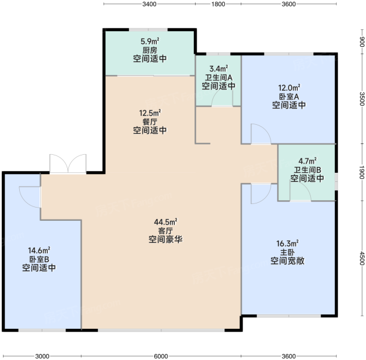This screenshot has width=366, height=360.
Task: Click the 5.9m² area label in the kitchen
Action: coord(150,41)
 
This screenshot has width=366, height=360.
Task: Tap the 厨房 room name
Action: coord(150,50)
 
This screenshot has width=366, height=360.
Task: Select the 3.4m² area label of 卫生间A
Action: coord(219,69)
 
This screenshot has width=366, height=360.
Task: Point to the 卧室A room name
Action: coord(289,97)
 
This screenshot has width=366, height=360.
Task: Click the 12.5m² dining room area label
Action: coord(150,113)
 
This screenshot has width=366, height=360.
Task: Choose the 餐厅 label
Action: coord(150,122)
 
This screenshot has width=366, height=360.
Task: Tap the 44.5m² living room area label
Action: coord(166,222)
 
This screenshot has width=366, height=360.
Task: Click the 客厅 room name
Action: coord(166,231)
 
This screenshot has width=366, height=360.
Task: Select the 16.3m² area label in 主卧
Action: coord(287,244)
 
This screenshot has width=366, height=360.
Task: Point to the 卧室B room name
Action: coord(39,259)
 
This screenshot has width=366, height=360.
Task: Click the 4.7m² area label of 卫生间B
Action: coord(307,161)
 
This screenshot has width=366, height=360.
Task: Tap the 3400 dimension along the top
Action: coord(149,4)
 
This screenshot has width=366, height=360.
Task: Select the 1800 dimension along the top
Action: coord(218,4)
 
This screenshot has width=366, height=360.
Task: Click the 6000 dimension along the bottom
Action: coord(161,356)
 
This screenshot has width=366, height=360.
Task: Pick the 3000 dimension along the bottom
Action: coord(42,356)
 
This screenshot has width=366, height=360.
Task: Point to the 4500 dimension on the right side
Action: coord(362,259)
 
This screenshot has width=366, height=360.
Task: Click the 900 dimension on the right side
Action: coord(362,42)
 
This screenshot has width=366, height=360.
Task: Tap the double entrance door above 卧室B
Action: coord(68,164)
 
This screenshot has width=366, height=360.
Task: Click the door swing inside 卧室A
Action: coord(261,134)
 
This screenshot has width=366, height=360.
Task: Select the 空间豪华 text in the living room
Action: coord(166,239)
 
